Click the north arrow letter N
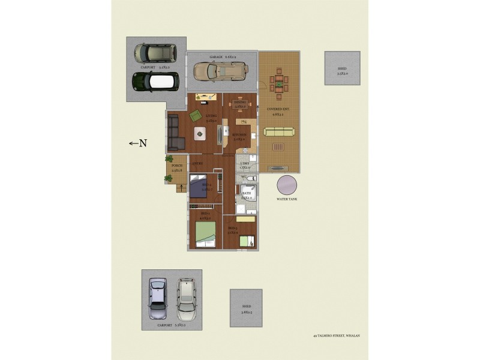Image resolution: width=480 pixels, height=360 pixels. tap(143, 143)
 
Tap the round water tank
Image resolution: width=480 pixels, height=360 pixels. tap(287, 185)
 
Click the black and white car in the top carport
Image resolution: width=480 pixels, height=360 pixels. tap(155, 81)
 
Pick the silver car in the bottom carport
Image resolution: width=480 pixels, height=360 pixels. tap(158, 298)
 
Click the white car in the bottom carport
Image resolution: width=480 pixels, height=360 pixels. tap(187, 298)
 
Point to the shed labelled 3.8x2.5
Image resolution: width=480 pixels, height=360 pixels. tap(246, 308)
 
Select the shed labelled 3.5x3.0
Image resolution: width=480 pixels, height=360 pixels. tap(342, 68)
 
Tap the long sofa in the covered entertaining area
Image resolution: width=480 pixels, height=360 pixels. tap(279, 133)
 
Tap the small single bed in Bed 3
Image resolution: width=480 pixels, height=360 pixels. tap(247, 241)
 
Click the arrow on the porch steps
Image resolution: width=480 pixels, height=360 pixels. tap(179, 188)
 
